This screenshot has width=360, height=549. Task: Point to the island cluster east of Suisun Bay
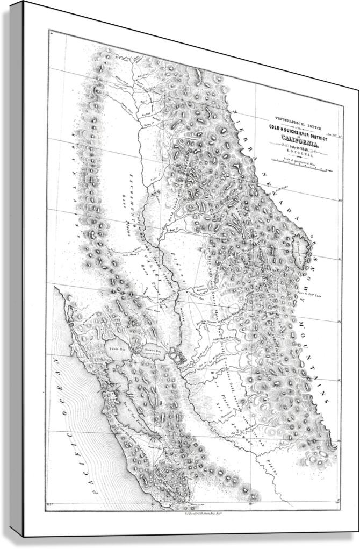[175, 354]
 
